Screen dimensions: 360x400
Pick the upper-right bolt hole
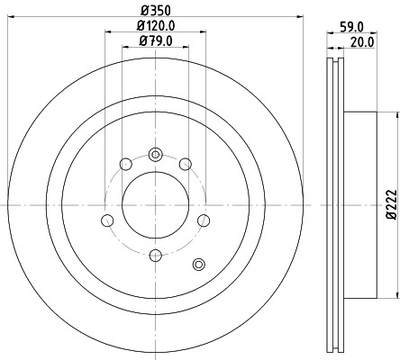click(185, 164)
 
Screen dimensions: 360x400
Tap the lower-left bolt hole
click(107, 221)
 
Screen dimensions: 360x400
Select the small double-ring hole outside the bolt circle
click(200, 264)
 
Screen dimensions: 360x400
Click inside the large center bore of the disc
click(154, 205)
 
